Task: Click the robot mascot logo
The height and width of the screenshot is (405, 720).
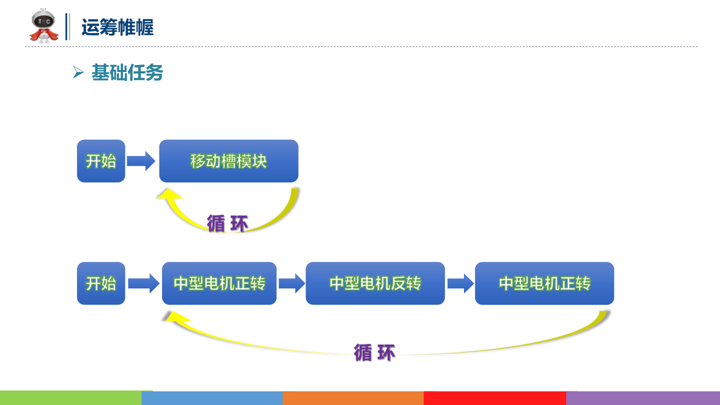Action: point(44,26)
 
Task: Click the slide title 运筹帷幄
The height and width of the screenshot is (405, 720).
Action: point(117,27)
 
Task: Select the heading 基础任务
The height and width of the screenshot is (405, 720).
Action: point(127,73)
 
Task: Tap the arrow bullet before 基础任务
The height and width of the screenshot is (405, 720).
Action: point(77,73)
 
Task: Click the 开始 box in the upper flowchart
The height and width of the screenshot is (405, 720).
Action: point(101,161)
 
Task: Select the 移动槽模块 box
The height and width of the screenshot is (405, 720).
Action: point(228,161)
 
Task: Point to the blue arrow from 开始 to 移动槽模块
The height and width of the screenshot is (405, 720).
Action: point(141,161)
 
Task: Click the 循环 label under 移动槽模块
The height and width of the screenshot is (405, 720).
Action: point(227,223)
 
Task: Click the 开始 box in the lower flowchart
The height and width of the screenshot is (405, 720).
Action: point(101,283)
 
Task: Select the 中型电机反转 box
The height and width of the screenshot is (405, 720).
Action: point(375,283)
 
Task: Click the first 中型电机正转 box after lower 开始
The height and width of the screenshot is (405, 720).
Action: point(219,283)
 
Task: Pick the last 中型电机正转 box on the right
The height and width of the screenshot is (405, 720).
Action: point(544,283)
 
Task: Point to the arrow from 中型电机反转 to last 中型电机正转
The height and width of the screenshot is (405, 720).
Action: point(460,283)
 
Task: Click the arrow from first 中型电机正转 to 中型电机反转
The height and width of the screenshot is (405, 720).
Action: point(291,283)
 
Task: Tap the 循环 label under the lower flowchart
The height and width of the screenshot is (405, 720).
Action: point(374,352)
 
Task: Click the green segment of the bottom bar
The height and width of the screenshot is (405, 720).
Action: point(70,398)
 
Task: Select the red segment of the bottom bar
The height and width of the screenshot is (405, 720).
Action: point(494,398)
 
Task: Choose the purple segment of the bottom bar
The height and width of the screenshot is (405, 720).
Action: point(642,398)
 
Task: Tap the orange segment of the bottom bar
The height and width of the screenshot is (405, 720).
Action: point(353,398)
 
